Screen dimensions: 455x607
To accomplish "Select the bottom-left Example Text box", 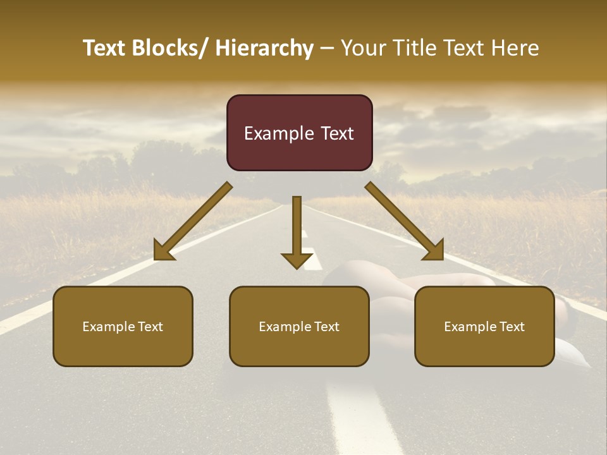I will pos(123,326).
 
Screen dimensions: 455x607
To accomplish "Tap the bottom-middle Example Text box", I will pos(299,326).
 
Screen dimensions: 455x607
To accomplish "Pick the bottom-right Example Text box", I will pos(484,326).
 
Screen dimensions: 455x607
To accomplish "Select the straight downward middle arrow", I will pos(297,227).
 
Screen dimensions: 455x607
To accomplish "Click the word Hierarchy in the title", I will pos(264,48).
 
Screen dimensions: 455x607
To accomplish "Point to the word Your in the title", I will pos(362,48).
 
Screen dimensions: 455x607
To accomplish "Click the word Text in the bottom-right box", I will pos(512,326).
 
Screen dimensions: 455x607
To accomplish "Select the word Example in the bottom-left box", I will pos(108,326).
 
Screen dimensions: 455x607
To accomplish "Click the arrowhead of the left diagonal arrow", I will pos(164,250).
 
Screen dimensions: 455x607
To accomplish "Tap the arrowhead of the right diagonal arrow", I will pos(434,250).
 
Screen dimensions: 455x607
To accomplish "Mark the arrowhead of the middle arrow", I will pos(297,260).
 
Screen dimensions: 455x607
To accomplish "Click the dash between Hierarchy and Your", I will pos(328,48).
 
